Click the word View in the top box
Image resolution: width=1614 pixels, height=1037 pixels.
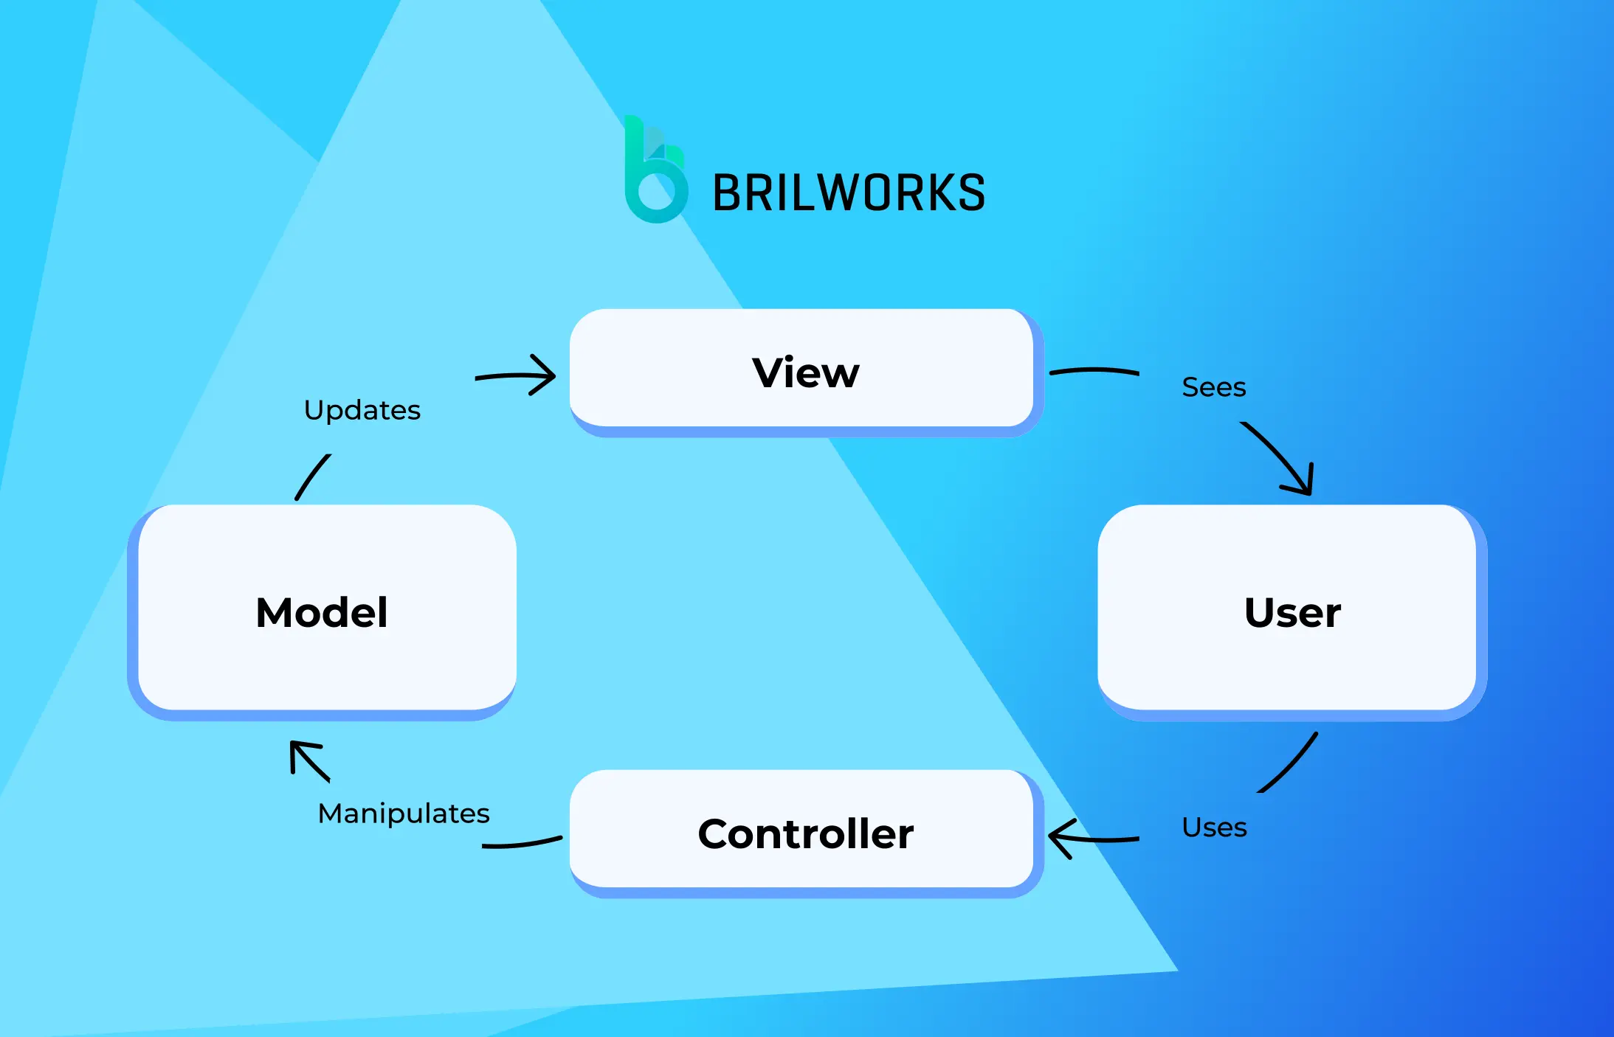pyautogui.click(x=805, y=372)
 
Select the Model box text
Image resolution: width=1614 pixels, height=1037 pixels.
pyautogui.click(x=321, y=612)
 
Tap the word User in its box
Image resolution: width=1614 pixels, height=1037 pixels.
pyautogui.click(x=1291, y=612)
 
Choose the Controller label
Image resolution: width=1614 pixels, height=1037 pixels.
pyautogui.click(x=805, y=833)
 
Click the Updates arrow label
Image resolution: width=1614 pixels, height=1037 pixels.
pyautogui.click(x=362, y=410)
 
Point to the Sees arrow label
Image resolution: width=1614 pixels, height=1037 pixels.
pyautogui.click(x=1213, y=387)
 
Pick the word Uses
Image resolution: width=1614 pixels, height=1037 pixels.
pyautogui.click(x=1213, y=828)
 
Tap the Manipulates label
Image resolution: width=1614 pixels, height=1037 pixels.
pyautogui.click(x=403, y=814)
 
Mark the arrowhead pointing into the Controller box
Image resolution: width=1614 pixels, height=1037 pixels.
pyautogui.click(x=1058, y=839)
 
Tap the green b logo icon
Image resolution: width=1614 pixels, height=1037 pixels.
pyautogui.click(x=655, y=171)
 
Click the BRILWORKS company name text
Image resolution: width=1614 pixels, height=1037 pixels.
pyautogui.click(x=848, y=193)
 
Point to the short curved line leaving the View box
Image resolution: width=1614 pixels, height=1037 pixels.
pyautogui.click(x=1094, y=370)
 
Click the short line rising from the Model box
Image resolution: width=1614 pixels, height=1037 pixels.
pyautogui.click(x=313, y=476)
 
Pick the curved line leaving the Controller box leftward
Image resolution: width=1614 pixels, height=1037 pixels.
pyautogui.click(x=522, y=844)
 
